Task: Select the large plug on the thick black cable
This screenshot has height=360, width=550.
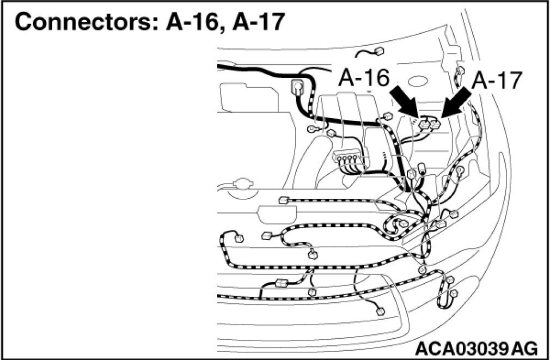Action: coord(298,87)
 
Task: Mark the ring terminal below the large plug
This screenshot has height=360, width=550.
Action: coord(313,129)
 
